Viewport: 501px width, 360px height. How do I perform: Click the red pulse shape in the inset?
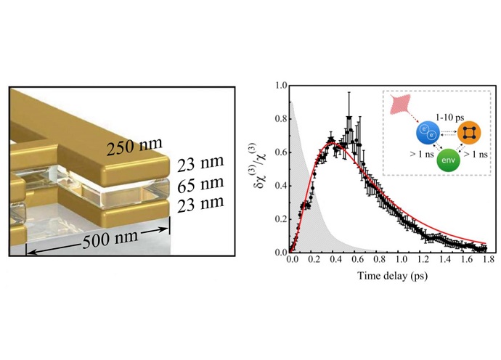coord(395,104)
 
